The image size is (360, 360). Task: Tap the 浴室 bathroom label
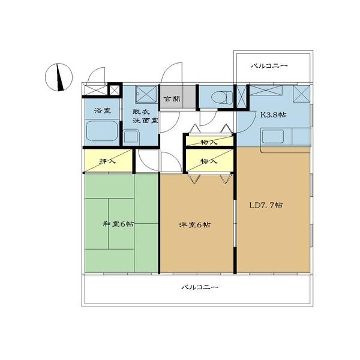[x=103, y=111]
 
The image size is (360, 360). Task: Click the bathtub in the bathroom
[x=103, y=131]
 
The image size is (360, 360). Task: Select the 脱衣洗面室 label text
[x=145, y=115]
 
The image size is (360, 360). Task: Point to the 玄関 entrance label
[x=171, y=99]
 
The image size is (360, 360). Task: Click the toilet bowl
[x=218, y=97]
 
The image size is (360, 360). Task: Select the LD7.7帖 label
[x=266, y=205]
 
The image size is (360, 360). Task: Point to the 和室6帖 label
[x=118, y=224]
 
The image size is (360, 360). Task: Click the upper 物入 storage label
[x=208, y=142]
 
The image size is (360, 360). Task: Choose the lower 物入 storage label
[x=208, y=161]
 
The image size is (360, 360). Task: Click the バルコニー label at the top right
[x=269, y=66]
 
